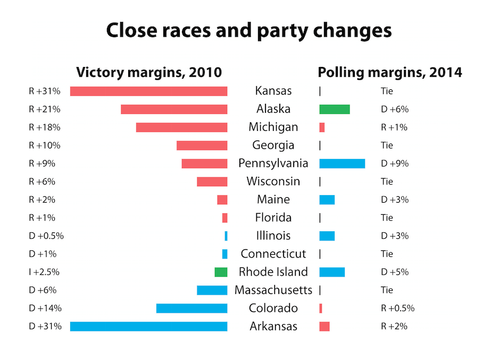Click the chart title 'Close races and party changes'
[x=249, y=30]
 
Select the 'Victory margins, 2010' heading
[x=149, y=72]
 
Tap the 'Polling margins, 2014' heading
[x=390, y=72]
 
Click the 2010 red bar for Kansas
[x=148, y=91]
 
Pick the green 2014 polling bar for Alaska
[x=335, y=109]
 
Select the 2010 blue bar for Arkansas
[x=148, y=326]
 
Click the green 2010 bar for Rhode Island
[x=221, y=272]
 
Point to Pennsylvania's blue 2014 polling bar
[x=342, y=163]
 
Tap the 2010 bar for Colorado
[x=192, y=308]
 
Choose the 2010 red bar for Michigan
[x=181, y=127]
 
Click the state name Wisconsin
[x=273, y=181]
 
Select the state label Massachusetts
[x=273, y=290]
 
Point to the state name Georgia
[x=273, y=145]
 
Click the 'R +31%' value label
[x=45, y=91]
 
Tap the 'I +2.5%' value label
[x=44, y=272]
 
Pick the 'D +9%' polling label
[x=395, y=163]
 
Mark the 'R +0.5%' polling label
[x=397, y=308]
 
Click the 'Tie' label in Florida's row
[x=387, y=217]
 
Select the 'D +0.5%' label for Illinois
[x=46, y=236]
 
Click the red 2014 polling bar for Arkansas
[x=325, y=326]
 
